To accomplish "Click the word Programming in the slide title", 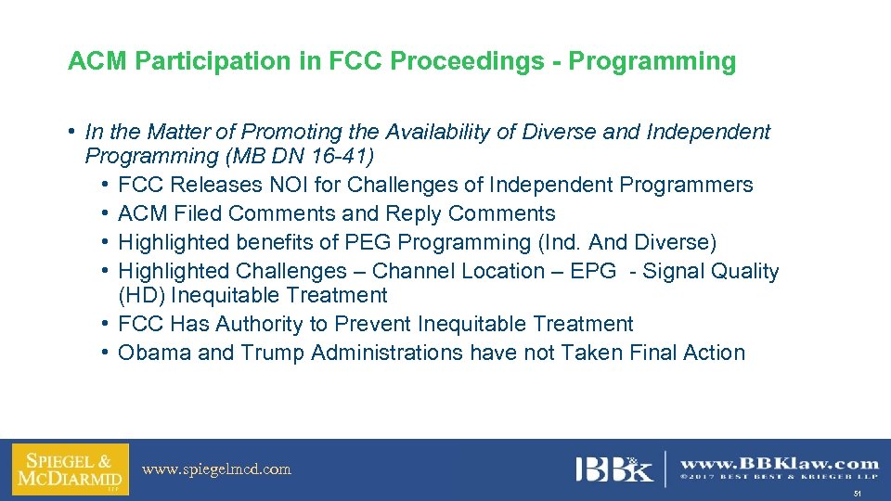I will click(x=652, y=62).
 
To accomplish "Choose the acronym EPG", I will click(x=596, y=271).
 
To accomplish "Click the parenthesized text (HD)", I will click(x=141, y=295).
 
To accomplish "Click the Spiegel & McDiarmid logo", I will click(x=70, y=469).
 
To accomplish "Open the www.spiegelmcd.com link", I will click(x=216, y=469).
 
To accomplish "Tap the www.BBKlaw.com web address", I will click(x=779, y=463).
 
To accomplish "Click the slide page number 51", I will click(x=859, y=495).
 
